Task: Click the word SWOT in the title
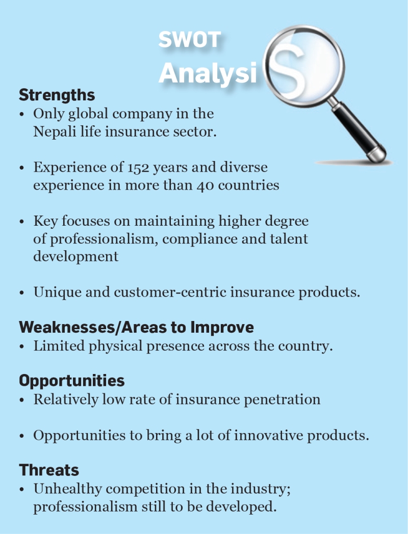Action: [x=190, y=40]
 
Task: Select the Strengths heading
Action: [x=57, y=95]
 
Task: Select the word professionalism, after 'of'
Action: [x=104, y=239]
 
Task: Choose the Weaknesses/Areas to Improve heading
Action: [x=136, y=327]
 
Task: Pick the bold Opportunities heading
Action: [x=72, y=381]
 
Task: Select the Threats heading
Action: [x=49, y=470]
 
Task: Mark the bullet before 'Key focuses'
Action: [x=22, y=222]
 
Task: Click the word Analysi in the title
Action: [x=208, y=73]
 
